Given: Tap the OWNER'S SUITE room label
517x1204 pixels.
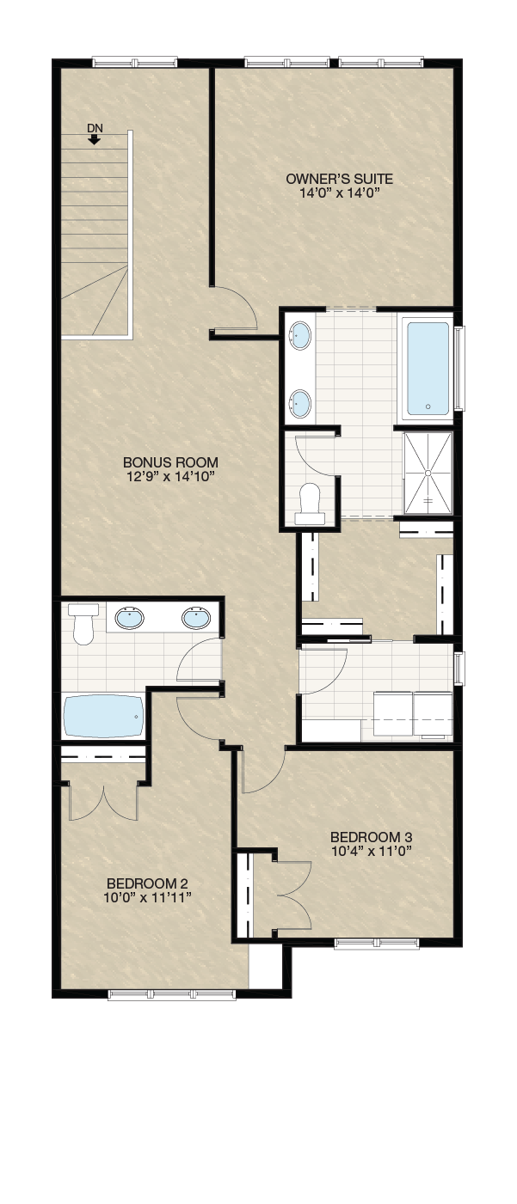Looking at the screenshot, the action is [339, 179].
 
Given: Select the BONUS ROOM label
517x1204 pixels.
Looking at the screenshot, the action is [170, 462].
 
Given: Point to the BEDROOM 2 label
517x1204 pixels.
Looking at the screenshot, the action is [147, 883].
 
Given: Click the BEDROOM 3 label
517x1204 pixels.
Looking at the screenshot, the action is [372, 837].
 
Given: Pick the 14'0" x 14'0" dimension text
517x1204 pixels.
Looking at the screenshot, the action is [340, 193].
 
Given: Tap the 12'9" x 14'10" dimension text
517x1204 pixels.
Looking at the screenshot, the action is [170, 476].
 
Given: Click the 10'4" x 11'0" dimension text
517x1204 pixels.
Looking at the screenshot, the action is [372, 851].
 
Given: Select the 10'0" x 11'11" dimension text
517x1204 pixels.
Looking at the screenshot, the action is [147, 897].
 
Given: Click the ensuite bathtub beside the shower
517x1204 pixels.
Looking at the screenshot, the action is [428, 369].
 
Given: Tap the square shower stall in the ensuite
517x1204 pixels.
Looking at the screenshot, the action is [428, 473].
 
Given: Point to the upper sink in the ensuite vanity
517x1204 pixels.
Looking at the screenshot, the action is [299, 335].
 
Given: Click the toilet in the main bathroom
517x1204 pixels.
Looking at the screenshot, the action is [83, 624].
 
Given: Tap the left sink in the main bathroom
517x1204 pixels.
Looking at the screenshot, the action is [130, 618].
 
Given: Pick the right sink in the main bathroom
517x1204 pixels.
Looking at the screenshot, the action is [195, 618].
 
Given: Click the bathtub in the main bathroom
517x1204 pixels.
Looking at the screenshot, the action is [104, 717].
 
